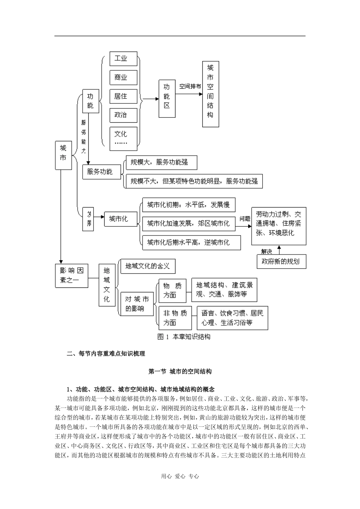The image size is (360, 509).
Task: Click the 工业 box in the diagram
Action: click(x=123, y=59)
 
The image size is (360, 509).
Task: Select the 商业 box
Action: click(x=123, y=78)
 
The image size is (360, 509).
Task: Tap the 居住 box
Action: click(x=123, y=97)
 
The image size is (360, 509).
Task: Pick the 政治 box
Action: click(x=123, y=115)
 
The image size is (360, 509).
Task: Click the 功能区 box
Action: click(x=167, y=98)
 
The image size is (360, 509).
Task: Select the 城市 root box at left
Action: click(x=63, y=155)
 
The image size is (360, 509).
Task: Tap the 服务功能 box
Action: click(x=101, y=172)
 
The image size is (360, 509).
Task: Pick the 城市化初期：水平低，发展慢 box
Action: click(x=188, y=205)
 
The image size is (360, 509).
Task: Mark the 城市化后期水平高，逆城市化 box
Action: click(x=191, y=242)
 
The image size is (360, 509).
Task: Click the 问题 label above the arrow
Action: click(x=245, y=219)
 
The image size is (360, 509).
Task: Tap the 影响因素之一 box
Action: click(x=72, y=275)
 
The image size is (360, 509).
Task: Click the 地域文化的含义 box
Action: click(x=147, y=266)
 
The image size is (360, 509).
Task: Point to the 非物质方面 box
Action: click(x=175, y=318)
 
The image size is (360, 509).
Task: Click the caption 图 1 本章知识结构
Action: click(x=183, y=337)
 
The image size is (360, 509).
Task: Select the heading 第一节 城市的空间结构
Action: click(x=180, y=372)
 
